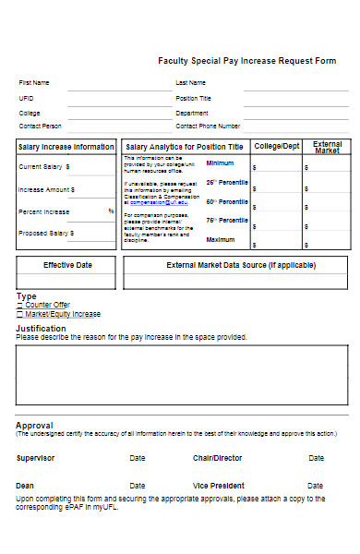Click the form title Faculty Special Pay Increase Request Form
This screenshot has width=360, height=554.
[x=247, y=61]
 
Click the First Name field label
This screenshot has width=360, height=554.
[x=35, y=83]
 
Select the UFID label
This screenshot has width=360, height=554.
[x=26, y=98]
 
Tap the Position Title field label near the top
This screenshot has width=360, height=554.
[x=194, y=98]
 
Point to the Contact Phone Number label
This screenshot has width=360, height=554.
[x=208, y=126]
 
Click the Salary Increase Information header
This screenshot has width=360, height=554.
[x=66, y=147]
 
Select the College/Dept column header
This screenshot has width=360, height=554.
[x=277, y=146]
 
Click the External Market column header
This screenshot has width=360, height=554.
[x=328, y=147]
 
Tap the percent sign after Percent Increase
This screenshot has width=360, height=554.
[x=111, y=211]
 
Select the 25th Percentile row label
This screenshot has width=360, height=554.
[x=227, y=182]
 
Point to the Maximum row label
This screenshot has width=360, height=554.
[x=221, y=240]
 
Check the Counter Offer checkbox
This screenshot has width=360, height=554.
[x=19, y=305]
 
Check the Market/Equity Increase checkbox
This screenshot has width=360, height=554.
[x=19, y=314]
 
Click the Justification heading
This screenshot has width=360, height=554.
[x=41, y=328]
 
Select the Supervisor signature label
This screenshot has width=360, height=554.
[x=36, y=458]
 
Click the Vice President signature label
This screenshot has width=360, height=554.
[x=219, y=486]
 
